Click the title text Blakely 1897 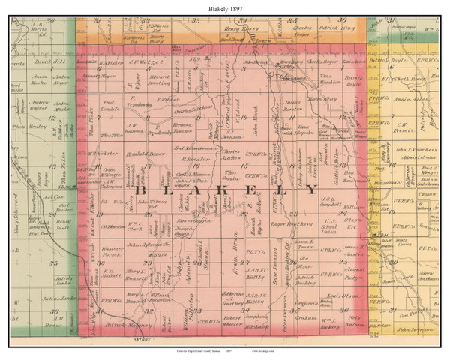pyautogui.click(x=224, y=7)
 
